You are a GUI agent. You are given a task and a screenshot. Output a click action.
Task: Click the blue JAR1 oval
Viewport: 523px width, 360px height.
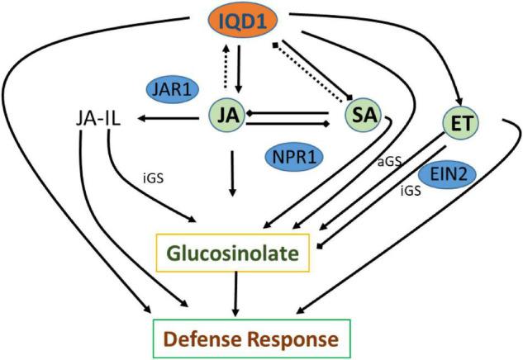pos(173,89)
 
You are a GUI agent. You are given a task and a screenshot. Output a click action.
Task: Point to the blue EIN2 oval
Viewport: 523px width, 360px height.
pos(451,175)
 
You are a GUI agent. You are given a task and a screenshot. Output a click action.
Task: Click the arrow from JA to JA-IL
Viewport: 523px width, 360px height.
pos(169,121)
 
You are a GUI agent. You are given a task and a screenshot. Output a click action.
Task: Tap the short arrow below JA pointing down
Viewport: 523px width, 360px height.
pos(233,173)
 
